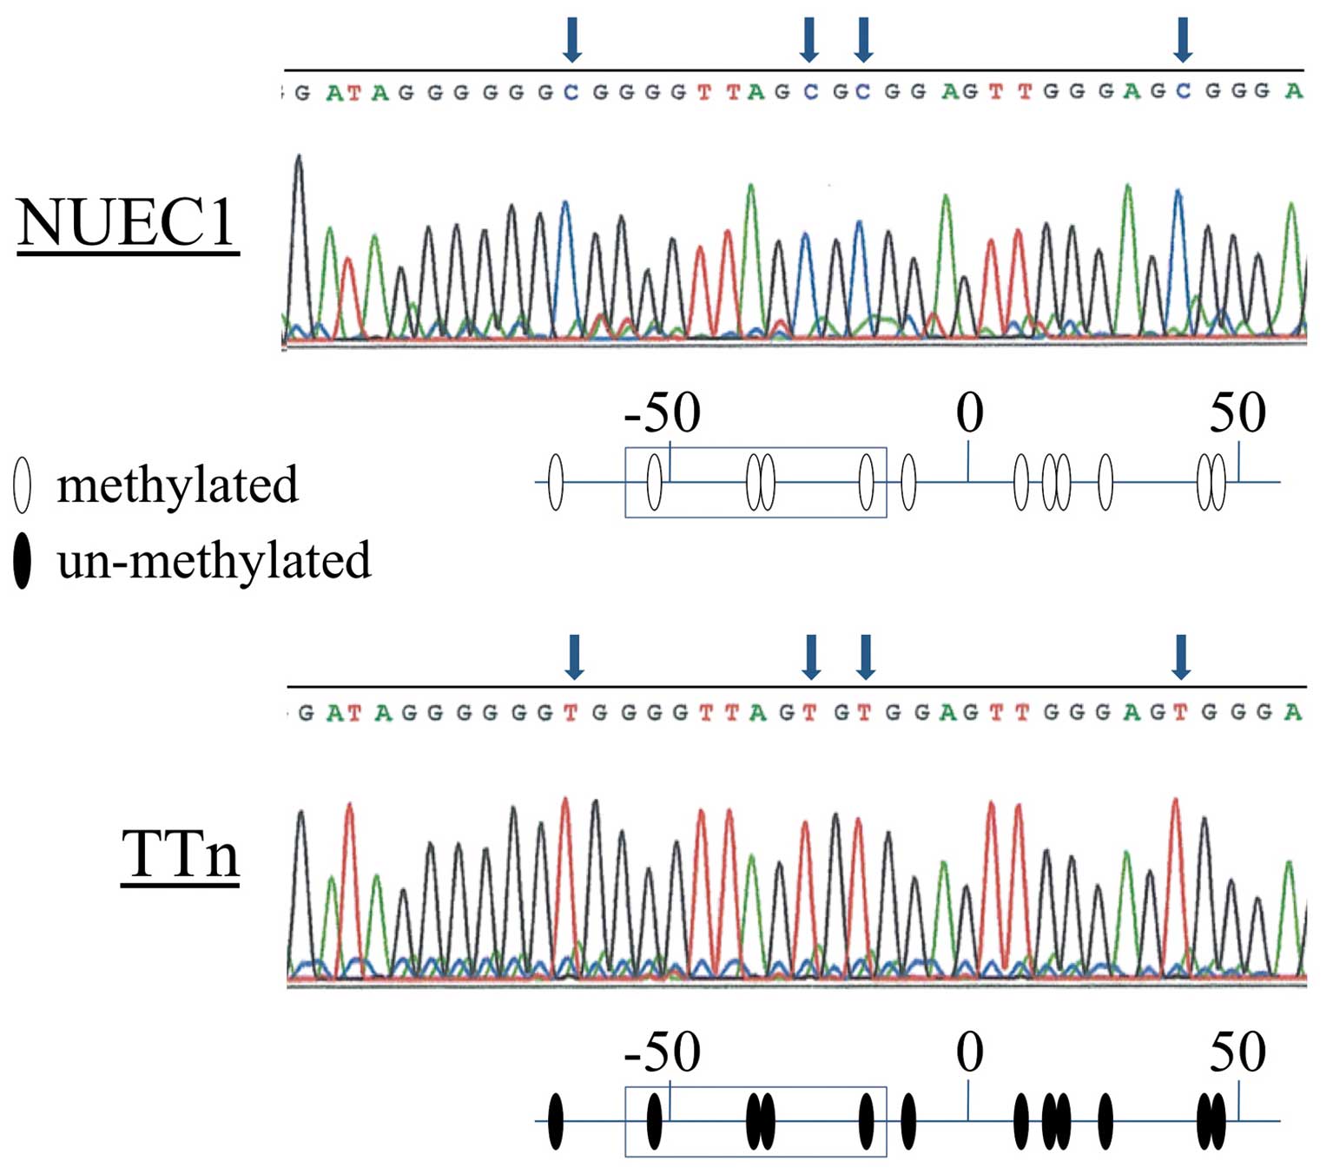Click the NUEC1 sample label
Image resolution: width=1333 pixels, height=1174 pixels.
128,224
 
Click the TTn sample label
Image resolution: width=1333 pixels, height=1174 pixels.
180,854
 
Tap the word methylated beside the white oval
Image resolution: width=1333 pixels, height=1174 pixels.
177,485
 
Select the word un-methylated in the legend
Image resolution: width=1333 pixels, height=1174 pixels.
214,560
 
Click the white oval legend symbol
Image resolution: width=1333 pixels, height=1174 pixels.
23,485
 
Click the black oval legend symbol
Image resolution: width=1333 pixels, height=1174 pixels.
23,561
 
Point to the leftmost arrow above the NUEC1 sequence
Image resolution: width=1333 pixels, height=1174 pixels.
571,39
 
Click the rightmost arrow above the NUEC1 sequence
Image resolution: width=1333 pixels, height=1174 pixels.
1183,39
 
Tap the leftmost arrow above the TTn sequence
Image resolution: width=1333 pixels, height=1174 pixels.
574,656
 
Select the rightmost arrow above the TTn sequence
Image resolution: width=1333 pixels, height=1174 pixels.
1181,656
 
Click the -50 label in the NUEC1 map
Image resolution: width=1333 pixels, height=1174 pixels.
662,412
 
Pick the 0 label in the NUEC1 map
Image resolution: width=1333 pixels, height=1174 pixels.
969,412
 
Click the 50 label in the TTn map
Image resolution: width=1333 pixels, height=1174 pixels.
1237,1052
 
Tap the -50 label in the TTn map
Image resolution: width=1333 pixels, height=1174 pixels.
662,1052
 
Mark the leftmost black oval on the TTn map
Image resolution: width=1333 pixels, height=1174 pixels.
556,1121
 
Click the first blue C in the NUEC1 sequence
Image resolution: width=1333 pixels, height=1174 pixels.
571,92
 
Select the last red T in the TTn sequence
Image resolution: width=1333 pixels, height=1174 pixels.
1179,713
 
